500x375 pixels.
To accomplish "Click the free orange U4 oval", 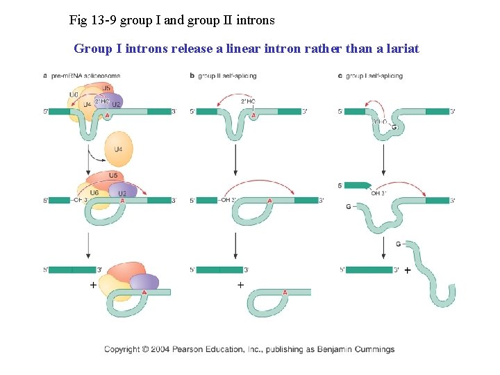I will [118, 149].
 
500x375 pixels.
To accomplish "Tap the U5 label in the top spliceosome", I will [106, 88].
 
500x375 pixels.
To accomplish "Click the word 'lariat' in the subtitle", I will [401, 49].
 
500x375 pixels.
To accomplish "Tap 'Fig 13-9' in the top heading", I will [93, 20].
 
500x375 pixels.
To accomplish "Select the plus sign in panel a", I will [93, 285].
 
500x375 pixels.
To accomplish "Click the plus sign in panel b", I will [240, 285].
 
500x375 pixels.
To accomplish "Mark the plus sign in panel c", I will [407, 269].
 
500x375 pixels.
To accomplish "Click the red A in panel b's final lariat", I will [285, 293].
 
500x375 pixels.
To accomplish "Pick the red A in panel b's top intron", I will [253, 115].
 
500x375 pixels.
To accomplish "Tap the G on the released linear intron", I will [399, 244].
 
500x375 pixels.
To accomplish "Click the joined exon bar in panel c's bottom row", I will [368, 269].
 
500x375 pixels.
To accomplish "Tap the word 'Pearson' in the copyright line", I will [202, 349].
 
